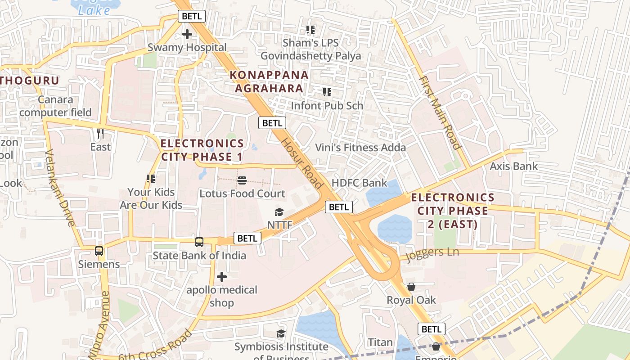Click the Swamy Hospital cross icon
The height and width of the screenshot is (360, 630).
click(x=187, y=34)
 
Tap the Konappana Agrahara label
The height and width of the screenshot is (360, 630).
click(x=269, y=81)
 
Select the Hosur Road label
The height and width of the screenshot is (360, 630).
click(x=302, y=163)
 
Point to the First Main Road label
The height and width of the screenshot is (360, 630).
click(x=441, y=112)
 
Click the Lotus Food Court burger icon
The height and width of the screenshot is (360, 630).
click(x=242, y=181)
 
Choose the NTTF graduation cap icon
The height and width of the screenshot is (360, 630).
click(x=279, y=212)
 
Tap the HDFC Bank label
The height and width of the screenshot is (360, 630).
click(x=359, y=183)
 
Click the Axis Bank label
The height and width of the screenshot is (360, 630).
click(x=513, y=166)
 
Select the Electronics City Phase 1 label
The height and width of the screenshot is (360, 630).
click(x=202, y=150)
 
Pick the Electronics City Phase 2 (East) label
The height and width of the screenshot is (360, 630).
click(x=452, y=211)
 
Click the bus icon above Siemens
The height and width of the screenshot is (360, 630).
click(x=99, y=251)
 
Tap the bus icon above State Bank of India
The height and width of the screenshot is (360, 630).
click(x=199, y=242)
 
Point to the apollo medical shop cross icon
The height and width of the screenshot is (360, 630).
click(x=222, y=276)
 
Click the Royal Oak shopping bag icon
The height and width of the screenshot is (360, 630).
click(x=411, y=287)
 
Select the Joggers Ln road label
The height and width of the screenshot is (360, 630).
click(x=432, y=253)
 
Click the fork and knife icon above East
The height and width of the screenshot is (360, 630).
click(x=100, y=134)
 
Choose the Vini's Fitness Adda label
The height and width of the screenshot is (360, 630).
click(x=360, y=148)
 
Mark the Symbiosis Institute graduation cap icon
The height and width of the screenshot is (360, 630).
click(x=281, y=333)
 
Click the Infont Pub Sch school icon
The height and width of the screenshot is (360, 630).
click(x=327, y=92)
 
